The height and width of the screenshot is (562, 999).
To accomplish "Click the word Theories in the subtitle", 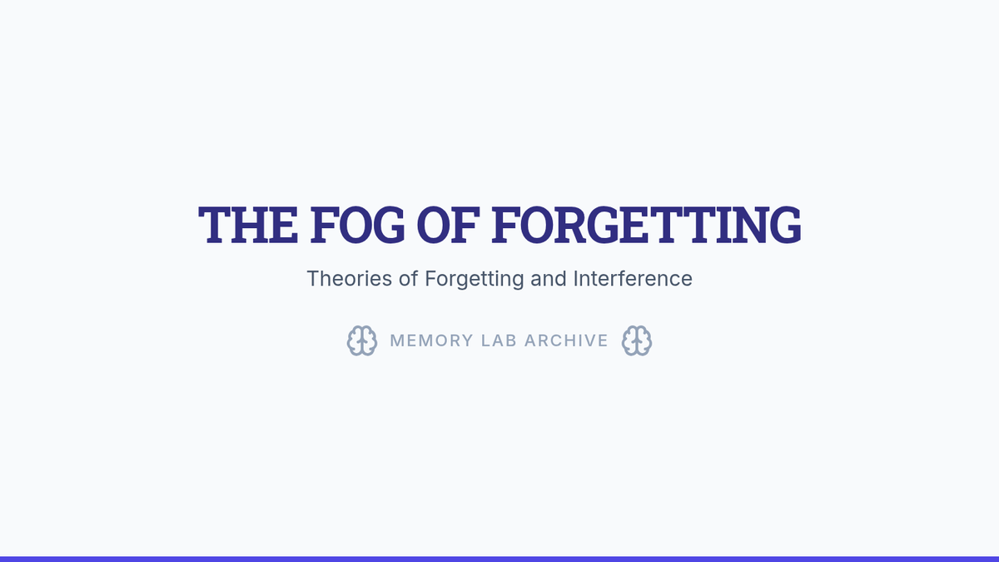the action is [x=349, y=279].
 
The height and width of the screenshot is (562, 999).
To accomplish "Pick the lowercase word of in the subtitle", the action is [x=409, y=279].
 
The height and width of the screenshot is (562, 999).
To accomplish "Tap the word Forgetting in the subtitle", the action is [x=474, y=280].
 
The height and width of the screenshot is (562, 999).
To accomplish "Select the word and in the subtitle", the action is [x=549, y=279].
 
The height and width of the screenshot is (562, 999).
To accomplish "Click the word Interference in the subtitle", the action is [x=633, y=279].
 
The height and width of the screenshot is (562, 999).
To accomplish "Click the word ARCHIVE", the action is [x=566, y=341].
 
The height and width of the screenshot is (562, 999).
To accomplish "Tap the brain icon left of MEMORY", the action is [x=362, y=341].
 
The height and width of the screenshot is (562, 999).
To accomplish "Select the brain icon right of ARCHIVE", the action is [x=637, y=341].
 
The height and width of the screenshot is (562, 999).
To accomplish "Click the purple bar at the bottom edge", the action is [x=499, y=559].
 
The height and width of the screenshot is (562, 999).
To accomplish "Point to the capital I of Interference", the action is [x=575, y=279].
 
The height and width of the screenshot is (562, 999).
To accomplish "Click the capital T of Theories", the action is [x=315, y=279].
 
